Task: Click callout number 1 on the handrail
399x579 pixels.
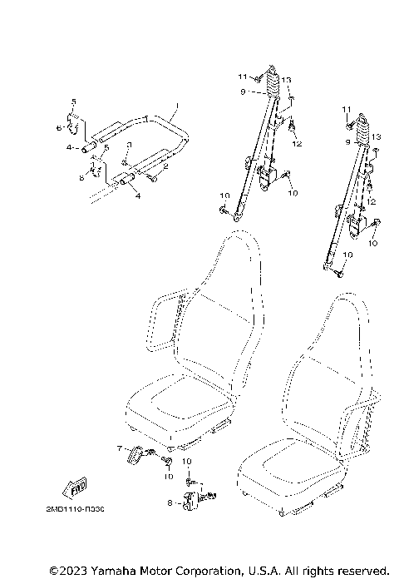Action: tap(176, 106)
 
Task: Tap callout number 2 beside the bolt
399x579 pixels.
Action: tap(165, 167)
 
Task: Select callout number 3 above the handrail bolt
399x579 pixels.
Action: tap(128, 145)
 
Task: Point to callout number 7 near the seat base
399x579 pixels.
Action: tap(120, 448)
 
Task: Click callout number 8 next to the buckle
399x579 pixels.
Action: tap(170, 502)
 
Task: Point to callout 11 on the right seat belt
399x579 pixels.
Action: tap(345, 110)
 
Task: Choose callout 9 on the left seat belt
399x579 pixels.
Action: tap(243, 92)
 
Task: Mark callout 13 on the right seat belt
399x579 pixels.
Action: tap(376, 136)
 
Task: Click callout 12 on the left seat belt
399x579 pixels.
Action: tap(297, 144)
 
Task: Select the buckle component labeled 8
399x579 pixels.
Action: tap(189, 499)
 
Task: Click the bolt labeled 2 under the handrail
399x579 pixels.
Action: tap(153, 176)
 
